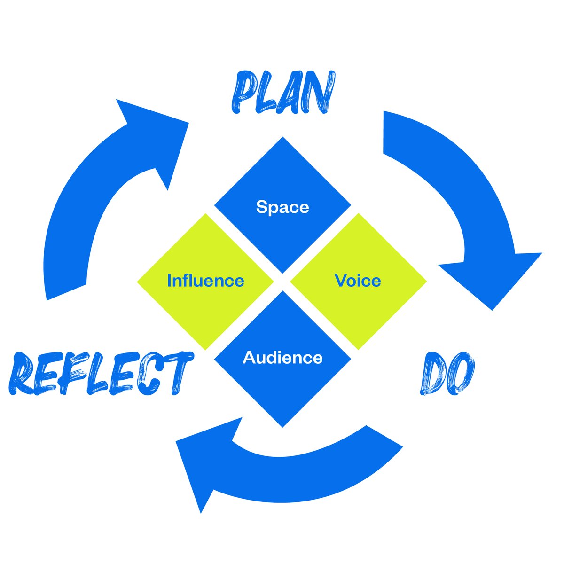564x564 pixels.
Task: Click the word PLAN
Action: [283, 92]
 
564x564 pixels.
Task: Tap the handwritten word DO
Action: [446, 375]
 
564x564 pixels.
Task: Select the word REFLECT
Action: [101, 373]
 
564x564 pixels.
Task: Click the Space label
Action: [282, 207]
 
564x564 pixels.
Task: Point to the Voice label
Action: [358, 281]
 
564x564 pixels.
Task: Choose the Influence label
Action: [205, 281]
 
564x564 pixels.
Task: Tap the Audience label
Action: [282, 358]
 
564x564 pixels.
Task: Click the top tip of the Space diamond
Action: [282, 138]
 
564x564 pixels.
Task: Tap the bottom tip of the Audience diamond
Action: [282, 426]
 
